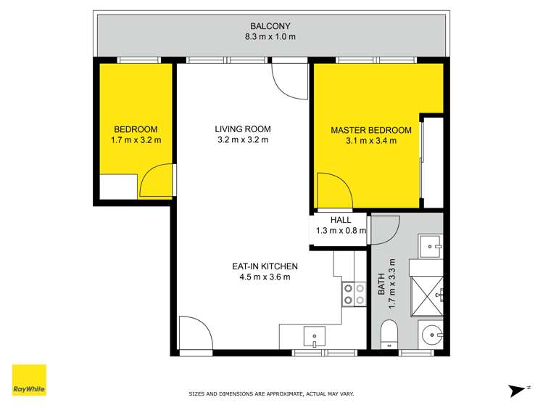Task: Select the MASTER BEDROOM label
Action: [370, 131]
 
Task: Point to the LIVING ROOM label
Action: [242, 129]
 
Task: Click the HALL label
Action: [341, 220]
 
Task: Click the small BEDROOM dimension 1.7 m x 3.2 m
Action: [136, 140]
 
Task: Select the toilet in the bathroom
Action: [389, 336]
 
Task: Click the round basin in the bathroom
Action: [432, 335]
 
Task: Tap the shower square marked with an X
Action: [426, 293]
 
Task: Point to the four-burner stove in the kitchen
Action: [353, 293]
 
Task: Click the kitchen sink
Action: [315, 335]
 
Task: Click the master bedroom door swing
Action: [333, 190]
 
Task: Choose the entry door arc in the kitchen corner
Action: [194, 334]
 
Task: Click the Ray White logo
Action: [29, 380]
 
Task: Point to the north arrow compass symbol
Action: [518, 390]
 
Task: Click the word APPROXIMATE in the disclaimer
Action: [273, 393]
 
